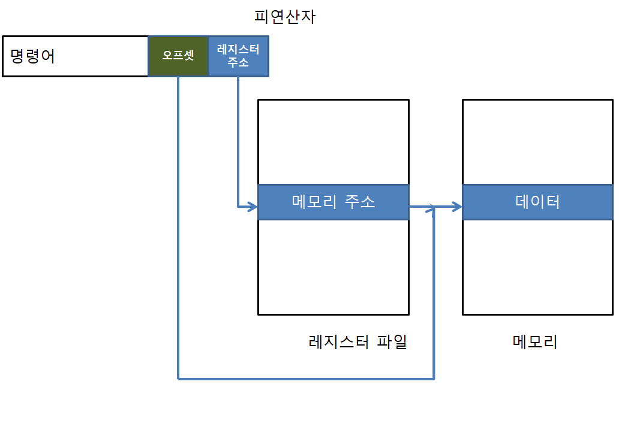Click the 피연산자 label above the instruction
pos(285,16)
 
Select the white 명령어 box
pos(76,56)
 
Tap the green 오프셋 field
pos(178,56)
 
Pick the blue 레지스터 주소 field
pos(239,56)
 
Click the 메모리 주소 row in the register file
pos(333,202)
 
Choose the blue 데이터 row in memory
pos(537,202)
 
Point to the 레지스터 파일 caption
pos(357,342)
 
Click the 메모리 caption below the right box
pos(535,342)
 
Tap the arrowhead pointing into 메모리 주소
pos(252,207)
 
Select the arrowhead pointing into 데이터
pos(456,207)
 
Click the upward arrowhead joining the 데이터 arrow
pos(434,212)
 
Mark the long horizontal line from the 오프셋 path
pos(306,378)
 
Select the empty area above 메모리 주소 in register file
pos(333,142)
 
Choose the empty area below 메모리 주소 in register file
pos(333,267)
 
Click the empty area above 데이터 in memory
pos(537,142)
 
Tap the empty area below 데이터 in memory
pos(537,267)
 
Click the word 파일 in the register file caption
pos(392,342)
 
